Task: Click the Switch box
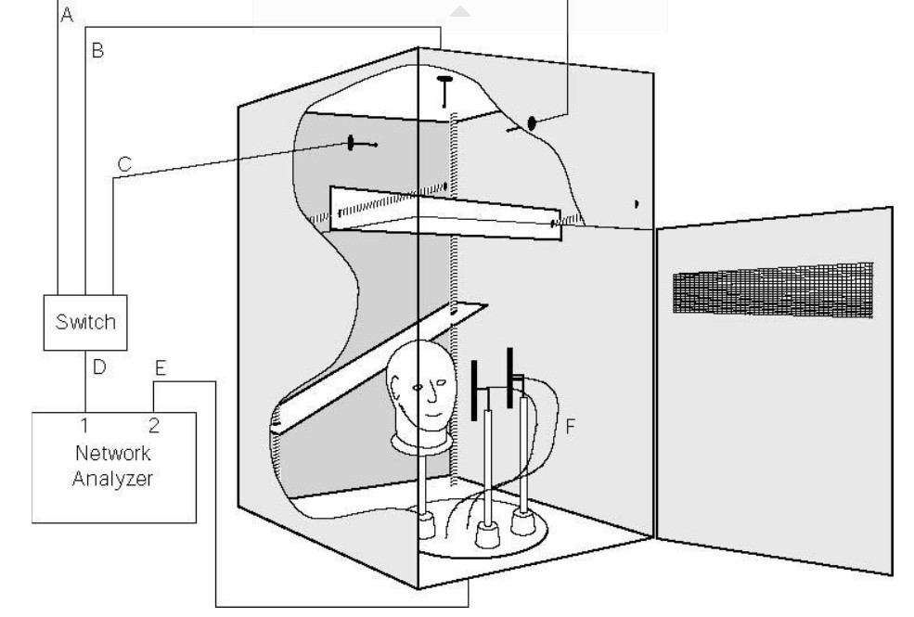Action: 85,322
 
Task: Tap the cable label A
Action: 67,15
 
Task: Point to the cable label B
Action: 97,50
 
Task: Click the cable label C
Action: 124,164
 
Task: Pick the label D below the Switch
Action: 99,367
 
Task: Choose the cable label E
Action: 161,367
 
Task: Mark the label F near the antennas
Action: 570,427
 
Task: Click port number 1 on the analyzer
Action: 84,425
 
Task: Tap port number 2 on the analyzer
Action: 154,425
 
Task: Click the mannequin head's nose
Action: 431,393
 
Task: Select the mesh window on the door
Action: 773,289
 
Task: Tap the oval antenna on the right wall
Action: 531,123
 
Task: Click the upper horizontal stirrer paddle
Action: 446,213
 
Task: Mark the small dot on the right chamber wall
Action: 637,204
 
